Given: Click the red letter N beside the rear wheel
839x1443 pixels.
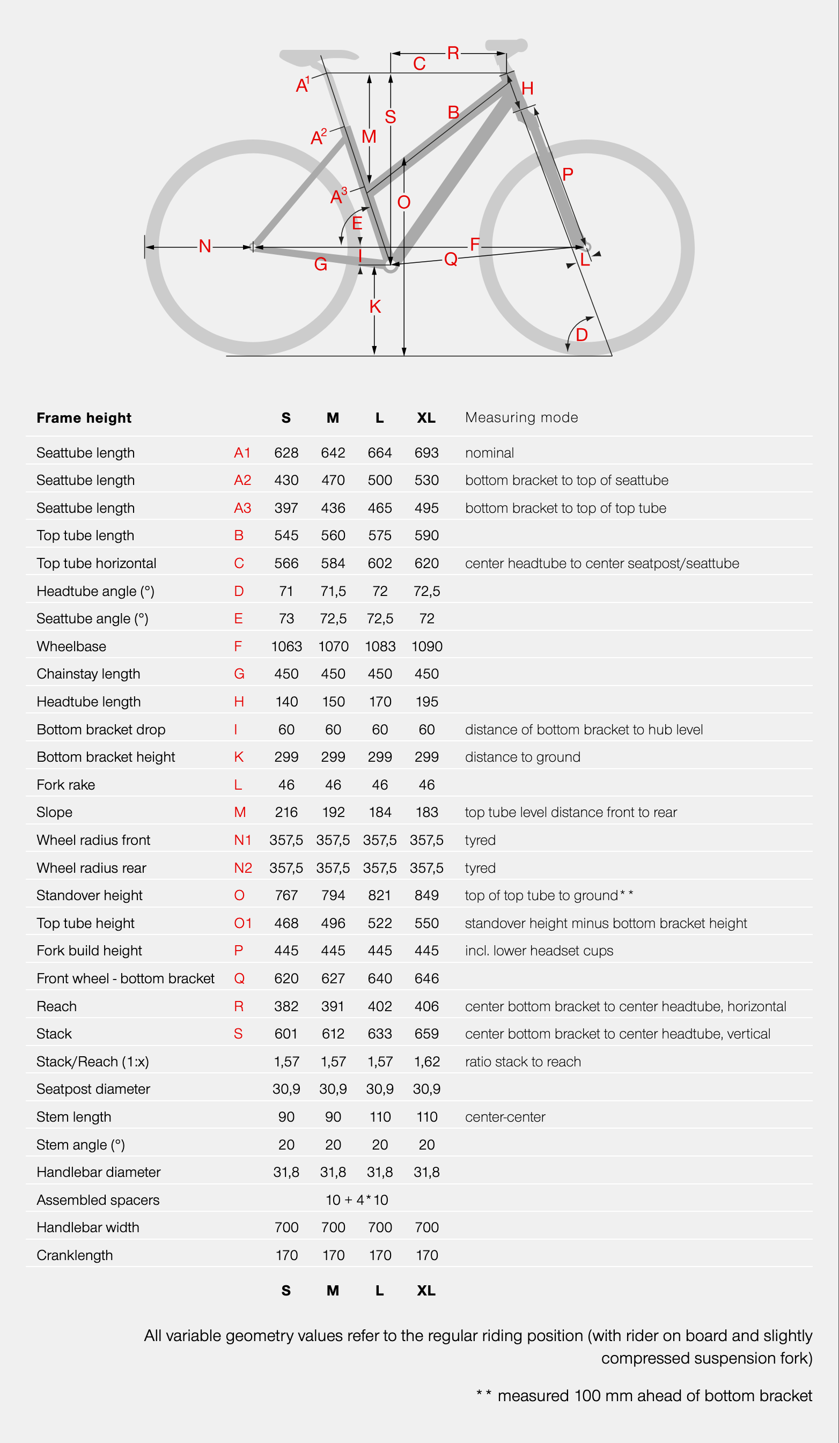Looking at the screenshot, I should tap(205, 246).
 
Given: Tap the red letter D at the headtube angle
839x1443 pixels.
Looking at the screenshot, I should tap(582, 335).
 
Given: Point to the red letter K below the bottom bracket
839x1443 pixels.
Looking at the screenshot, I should tap(375, 307).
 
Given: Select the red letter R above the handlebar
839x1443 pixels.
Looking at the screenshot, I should tap(453, 53).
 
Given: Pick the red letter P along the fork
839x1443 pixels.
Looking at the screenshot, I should tap(568, 175).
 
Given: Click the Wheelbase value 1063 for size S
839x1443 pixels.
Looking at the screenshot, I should tap(286, 646).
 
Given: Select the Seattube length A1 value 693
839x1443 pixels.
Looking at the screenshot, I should tap(426, 453).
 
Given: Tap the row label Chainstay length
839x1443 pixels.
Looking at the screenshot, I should tap(88, 674).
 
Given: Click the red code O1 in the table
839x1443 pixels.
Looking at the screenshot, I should tap(243, 923).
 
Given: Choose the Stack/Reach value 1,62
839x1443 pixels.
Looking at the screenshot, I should tap(426, 1062).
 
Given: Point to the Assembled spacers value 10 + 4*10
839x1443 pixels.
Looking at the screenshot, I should tap(356, 1199).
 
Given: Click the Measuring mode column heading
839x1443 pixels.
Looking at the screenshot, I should tap(521, 417).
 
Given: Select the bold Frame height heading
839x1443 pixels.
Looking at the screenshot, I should tap(84, 418).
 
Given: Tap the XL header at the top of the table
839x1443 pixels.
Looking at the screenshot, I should tap(426, 418).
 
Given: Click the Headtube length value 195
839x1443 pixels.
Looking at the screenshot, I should tap(426, 702).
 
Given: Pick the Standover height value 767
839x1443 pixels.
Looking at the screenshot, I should tap(286, 896).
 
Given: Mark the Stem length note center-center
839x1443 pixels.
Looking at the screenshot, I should tap(505, 1117).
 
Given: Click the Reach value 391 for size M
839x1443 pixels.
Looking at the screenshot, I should tap(333, 1006).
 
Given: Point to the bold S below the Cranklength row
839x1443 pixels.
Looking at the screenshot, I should tap(286, 1290).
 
